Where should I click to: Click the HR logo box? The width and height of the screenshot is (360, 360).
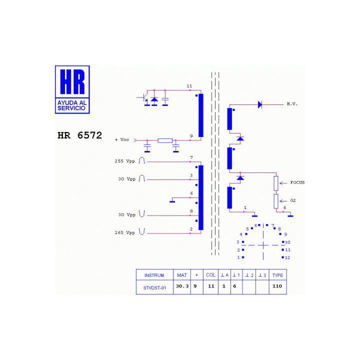pyautogui.click(x=72, y=89)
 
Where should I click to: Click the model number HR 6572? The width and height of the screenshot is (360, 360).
pyautogui.click(x=79, y=135)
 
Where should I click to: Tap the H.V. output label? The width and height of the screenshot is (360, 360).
pyautogui.click(x=292, y=104)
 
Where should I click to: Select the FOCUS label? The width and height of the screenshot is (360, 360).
pyautogui.click(x=297, y=182)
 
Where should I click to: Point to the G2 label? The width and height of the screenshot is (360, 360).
pyautogui.click(x=293, y=200)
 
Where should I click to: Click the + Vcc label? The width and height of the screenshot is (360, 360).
pyautogui.click(x=122, y=139)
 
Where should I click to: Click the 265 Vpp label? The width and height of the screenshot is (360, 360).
pyautogui.click(x=124, y=232)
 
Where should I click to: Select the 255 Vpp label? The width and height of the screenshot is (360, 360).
pyautogui.click(x=124, y=161)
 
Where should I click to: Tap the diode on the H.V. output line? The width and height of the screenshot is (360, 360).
pyautogui.click(x=260, y=104)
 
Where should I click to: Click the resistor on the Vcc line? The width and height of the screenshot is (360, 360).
pyautogui.click(x=165, y=140)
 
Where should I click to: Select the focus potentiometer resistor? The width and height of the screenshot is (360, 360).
pyautogui.click(x=276, y=183)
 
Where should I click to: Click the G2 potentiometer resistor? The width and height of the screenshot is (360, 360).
pyautogui.click(x=276, y=201)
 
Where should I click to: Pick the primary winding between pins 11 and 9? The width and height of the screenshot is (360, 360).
pyautogui.click(x=201, y=115)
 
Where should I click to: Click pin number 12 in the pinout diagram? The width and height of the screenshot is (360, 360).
pyautogui.click(x=287, y=257)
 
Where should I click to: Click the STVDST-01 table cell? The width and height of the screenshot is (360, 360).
pyautogui.click(x=154, y=287)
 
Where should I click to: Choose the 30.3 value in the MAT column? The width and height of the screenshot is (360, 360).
pyautogui.click(x=182, y=286)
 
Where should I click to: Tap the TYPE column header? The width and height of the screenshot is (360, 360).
pyautogui.click(x=277, y=275)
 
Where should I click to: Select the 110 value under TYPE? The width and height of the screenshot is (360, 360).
pyautogui.click(x=277, y=286)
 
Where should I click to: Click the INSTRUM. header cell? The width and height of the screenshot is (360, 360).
pyautogui.click(x=154, y=275)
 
